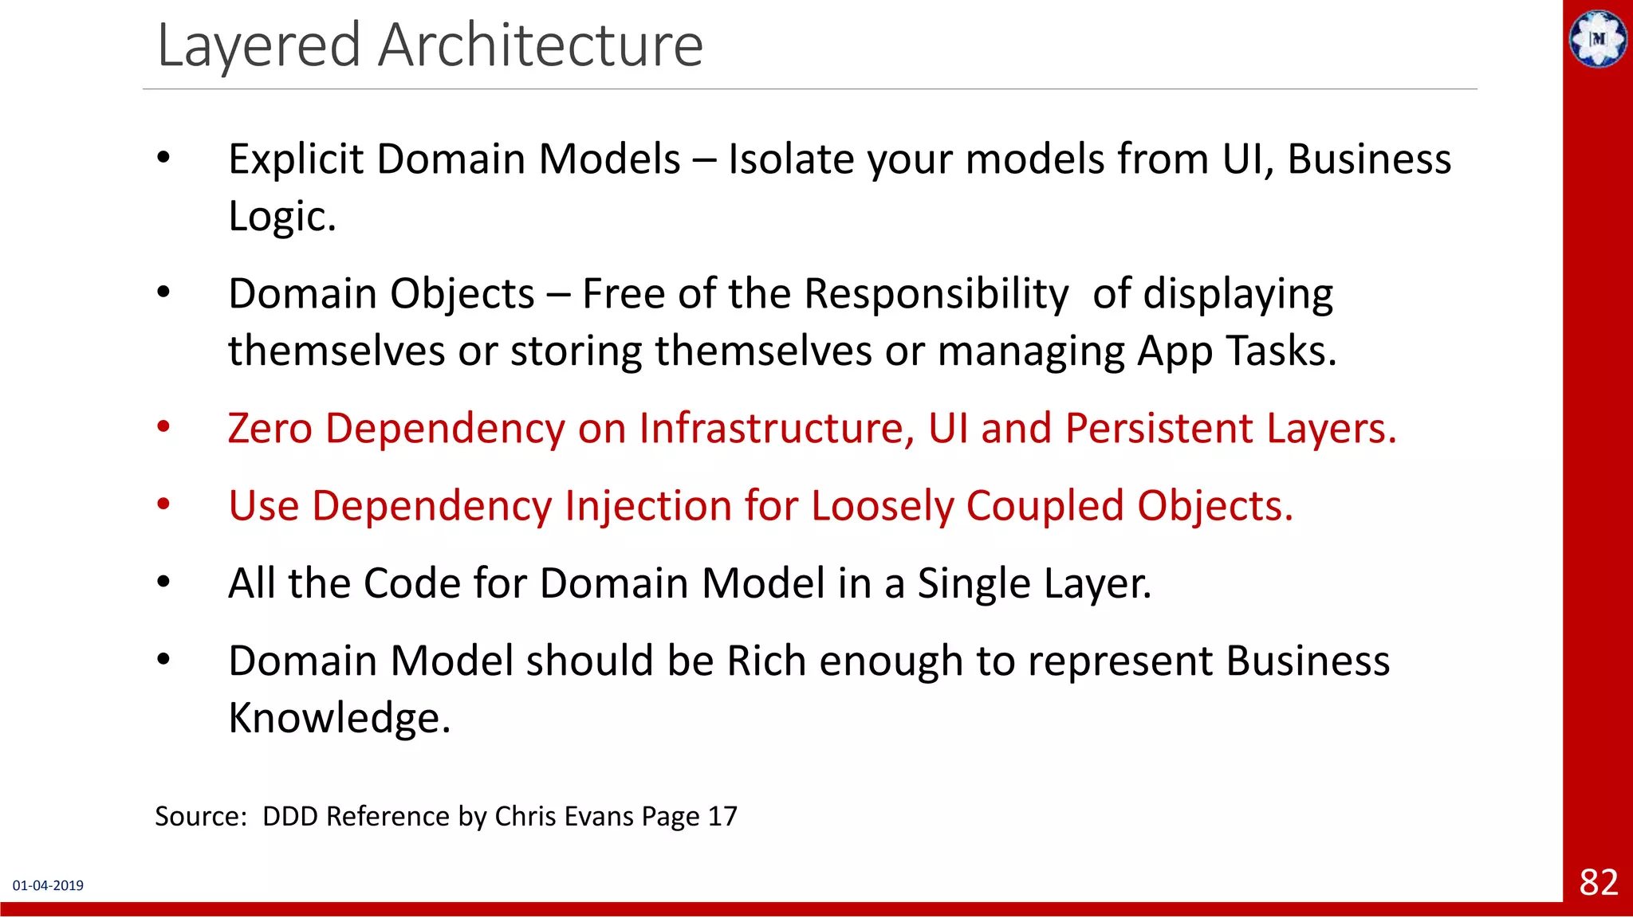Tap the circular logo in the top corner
(x=1597, y=38)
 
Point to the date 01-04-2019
(x=48, y=885)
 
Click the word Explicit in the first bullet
(x=296, y=159)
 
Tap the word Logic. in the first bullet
(x=281, y=217)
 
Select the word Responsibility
(x=935, y=294)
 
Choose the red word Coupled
(x=1045, y=507)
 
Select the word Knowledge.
(x=339, y=718)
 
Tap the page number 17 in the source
(x=722, y=817)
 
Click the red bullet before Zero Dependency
(x=163, y=428)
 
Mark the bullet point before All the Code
(x=163, y=583)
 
